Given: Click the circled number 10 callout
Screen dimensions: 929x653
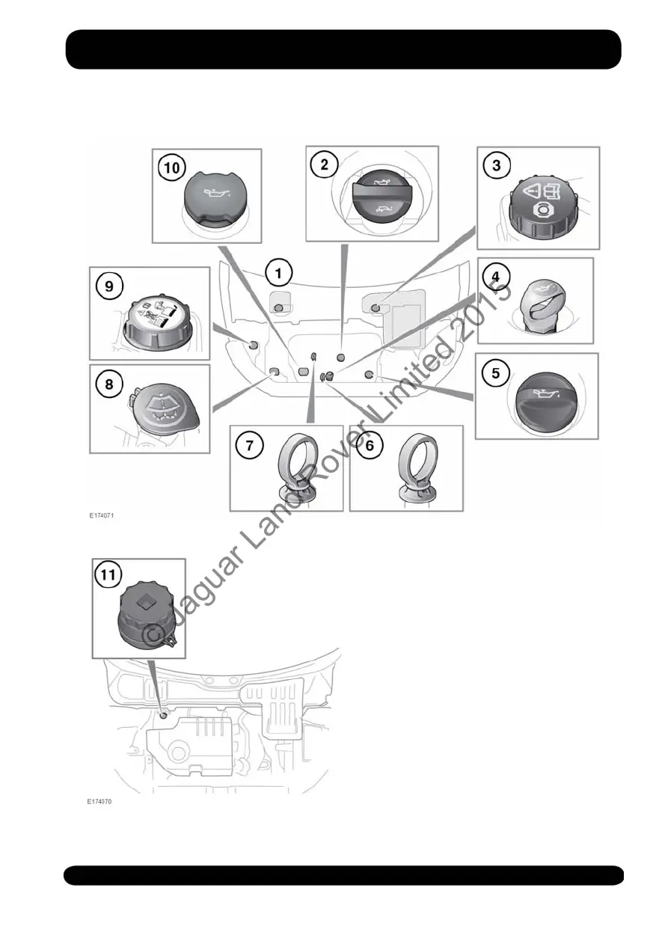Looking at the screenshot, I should tap(171, 168).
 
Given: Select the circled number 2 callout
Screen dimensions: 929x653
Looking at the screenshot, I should tap(324, 165).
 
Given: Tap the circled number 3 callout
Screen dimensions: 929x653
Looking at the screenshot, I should tap(497, 165).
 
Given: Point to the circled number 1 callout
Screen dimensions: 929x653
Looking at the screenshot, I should tap(278, 273).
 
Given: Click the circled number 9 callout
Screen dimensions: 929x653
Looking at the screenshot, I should tap(109, 285).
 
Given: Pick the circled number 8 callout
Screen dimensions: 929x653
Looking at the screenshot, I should tap(109, 384).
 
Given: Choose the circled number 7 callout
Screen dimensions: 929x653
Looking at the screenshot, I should tap(250, 445).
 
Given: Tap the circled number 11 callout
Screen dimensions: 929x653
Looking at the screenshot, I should tap(109, 575).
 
